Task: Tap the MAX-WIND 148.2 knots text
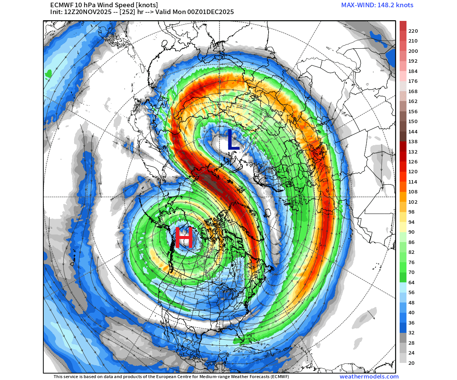pyautogui.click(x=377, y=5)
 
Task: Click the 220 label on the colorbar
pyautogui.click(x=413, y=31)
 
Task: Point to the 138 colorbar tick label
pyautogui.click(x=413, y=142)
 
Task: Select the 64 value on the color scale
pyautogui.click(x=411, y=282)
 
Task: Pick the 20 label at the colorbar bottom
pyautogui.click(x=411, y=363)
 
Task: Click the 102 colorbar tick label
pyautogui.click(x=413, y=202)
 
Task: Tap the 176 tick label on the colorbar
pyautogui.click(x=413, y=81)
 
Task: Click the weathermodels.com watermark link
pyautogui.click(x=369, y=377)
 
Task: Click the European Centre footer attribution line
pyautogui.click(x=171, y=377)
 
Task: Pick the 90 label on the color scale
pyautogui.click(x=411, y=232)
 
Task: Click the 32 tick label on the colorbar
pyautogui.click(x=411, y=333)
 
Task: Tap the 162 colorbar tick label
pyautogui.click(x=413, y=101)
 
